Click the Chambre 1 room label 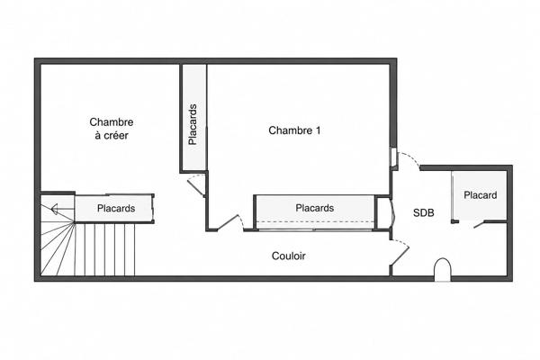[294, 130]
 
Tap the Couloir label [289, 256]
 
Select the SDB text [424, 213]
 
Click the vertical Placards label [193, 124]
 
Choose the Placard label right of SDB [480, 195]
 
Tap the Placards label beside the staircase [116, 209]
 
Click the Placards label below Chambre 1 [315, 208]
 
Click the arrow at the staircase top [62, 209]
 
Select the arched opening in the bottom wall [442, 270]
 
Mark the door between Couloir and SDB [400, 252]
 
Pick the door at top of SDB [409, 161]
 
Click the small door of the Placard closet [479, 224]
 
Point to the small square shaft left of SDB [382, 212]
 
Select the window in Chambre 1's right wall [392, 157]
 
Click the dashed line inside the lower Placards [315, 221]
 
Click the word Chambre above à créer [112, 122]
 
